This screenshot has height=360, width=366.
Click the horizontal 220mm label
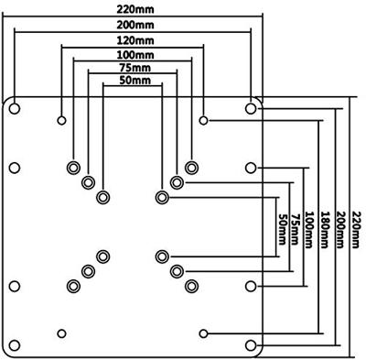pyautogui.click(x=135, y=9)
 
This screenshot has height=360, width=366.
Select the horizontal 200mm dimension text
pyautogui.click(x=135, y=24)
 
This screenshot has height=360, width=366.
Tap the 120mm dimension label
pyautogui.click(x=135, y=41)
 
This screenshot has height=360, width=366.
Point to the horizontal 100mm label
pyautogui.click(x=135, y=55)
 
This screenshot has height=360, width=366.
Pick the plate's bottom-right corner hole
pyautogui.click(x=251, y=344)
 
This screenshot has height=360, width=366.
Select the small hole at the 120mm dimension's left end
pyautogui.click(x=61, y=120)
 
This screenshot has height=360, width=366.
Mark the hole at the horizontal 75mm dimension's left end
pyautogui.click(x=87, y=181)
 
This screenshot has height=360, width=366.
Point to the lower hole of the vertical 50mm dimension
pyautogui.click(x=162, y=256)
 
